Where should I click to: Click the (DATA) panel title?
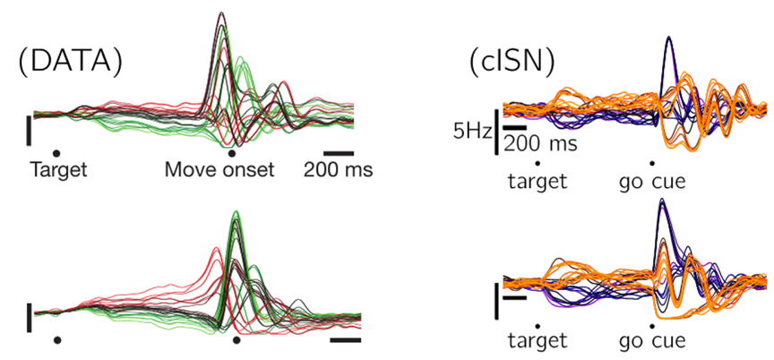[70, 63]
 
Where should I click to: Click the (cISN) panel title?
[512, 64]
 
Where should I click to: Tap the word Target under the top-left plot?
[59, 170]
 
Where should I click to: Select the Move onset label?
[219, 170]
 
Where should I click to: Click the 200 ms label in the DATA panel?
[338, 170]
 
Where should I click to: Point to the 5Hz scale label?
[473, 133]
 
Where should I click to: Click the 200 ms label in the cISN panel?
[540, 145]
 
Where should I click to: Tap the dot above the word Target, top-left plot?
[56, 153]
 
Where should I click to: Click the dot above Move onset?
[230, 153]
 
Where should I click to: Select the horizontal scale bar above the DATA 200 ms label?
[339, 153]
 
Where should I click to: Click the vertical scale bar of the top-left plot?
[29, 130]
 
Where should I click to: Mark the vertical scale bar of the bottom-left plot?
[30, 318]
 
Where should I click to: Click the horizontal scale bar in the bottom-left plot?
[346, 339]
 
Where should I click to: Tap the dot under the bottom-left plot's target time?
[57, 339]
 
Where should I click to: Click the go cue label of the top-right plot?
[651, 182]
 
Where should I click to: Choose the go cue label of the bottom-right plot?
[651, 341]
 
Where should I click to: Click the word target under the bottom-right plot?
[537, 340]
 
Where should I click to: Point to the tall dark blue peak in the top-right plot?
[669, 38]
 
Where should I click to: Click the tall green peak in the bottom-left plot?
[236, 212]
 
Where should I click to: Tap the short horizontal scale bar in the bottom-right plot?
[515, 298]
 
